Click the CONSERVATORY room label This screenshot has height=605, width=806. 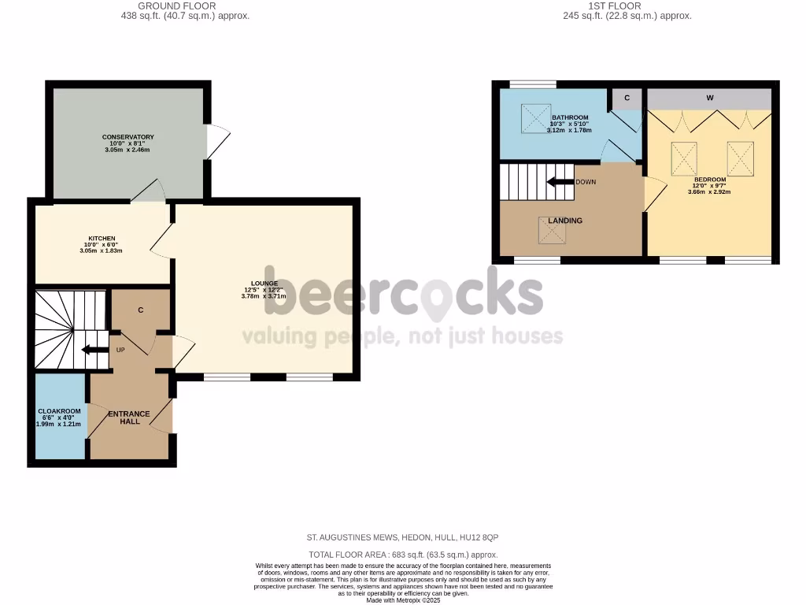128,137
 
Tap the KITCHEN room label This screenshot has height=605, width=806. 102,239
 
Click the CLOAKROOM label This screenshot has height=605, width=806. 59,411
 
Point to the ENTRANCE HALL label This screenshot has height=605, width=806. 129,418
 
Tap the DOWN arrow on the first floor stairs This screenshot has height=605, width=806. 560,181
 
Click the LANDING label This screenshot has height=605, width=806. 565,221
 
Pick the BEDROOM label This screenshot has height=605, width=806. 710,179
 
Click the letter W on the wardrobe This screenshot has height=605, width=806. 709,98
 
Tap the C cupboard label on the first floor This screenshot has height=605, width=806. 627,98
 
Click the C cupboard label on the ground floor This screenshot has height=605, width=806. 140,310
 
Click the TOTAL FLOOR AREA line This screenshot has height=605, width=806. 403,555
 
